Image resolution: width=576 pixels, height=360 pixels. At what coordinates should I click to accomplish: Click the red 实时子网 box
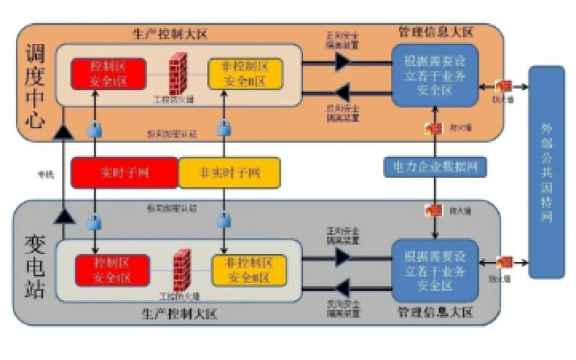tap(124, 173)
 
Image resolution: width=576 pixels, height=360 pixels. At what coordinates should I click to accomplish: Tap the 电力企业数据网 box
tap(434, 167)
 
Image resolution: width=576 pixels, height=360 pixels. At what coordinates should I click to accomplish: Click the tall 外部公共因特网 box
tap(550, 173)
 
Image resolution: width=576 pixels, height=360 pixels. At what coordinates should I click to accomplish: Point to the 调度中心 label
tap(34, 86)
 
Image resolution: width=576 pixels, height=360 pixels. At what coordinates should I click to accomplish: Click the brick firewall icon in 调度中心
tap(178, 72)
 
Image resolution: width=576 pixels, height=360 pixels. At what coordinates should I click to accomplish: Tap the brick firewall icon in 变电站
tap(183, 268)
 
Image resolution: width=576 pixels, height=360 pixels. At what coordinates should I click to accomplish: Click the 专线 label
tap(46, 174)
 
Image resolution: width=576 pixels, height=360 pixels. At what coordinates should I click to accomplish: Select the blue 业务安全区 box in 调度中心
tap(435, 75)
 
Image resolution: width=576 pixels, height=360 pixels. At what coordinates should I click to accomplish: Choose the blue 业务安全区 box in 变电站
tap(435, 269)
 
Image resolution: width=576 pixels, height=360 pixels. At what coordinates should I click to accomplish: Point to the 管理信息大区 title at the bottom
tap(436, 312)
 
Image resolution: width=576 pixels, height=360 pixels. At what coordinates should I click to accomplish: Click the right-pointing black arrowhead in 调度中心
tap(343, 63)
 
